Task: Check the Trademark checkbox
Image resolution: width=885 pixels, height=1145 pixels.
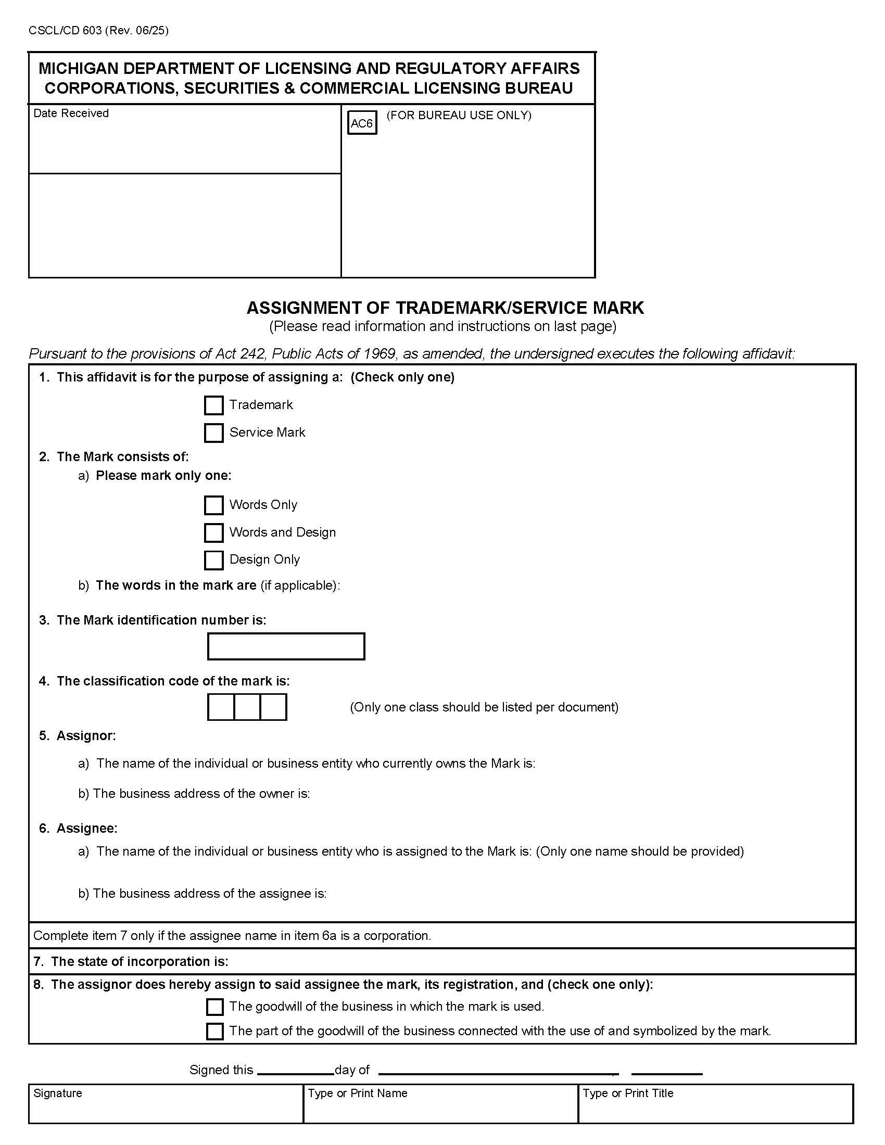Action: click(213, 405)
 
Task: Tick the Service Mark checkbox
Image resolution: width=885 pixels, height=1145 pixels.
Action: click(213, 433)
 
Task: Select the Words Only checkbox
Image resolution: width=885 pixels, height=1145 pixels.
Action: click(213, 505)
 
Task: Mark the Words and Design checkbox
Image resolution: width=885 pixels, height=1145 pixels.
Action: click(213, 532)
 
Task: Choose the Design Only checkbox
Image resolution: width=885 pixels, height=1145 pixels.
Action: click(213, 560)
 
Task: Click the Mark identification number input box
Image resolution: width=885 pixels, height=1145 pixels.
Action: click(286, 646)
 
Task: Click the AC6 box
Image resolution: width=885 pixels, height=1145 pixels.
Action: click(362, 124)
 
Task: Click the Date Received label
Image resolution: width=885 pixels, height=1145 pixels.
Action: click(71, 113)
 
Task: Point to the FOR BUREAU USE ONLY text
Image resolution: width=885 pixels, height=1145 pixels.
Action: click(459, 116)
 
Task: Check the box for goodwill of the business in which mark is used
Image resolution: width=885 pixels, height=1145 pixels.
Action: click(214, 1007)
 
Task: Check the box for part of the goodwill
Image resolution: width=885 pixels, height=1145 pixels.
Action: click(214, 1031)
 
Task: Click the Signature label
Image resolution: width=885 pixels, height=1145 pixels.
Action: click(58, 1093)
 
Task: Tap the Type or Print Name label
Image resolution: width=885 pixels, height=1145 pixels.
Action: click(358, 1093)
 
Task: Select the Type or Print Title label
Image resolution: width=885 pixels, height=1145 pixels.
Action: click(628, 1093)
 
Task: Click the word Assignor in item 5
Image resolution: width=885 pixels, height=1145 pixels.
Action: click(86, 735)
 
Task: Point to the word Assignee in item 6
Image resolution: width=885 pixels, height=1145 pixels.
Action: click(86, 828)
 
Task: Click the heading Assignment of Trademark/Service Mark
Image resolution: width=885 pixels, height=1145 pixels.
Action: click(445, 308)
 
